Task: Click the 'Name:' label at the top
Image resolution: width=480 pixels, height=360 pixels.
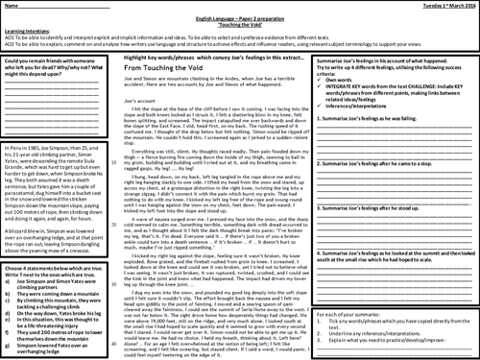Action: pyautogui.click(x=12, y=7)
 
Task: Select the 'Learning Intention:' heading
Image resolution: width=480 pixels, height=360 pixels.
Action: pyautogui.click(x=26, y=31)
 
